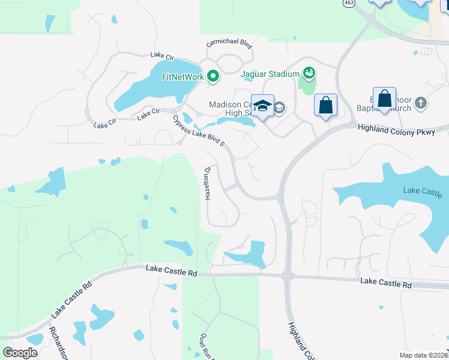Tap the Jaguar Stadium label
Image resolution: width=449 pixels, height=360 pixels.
coord(270,74)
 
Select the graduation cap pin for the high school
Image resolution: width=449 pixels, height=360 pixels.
coord(262,106)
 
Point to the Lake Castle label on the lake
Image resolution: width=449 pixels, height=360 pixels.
coord(423,192)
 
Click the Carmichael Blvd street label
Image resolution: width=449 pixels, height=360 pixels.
coord(229,44)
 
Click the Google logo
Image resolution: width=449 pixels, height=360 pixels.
coord(20,353)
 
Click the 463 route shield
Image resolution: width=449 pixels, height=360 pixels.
coord(348,2)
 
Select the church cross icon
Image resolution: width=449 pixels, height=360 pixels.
coord(420,103)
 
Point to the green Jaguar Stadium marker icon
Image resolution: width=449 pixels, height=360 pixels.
coord(309,73)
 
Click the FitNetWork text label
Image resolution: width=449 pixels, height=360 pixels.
coord(183,77)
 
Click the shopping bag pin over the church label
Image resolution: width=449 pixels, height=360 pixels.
coord(384,98)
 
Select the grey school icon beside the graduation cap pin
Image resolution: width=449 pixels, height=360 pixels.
coord(279,108)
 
